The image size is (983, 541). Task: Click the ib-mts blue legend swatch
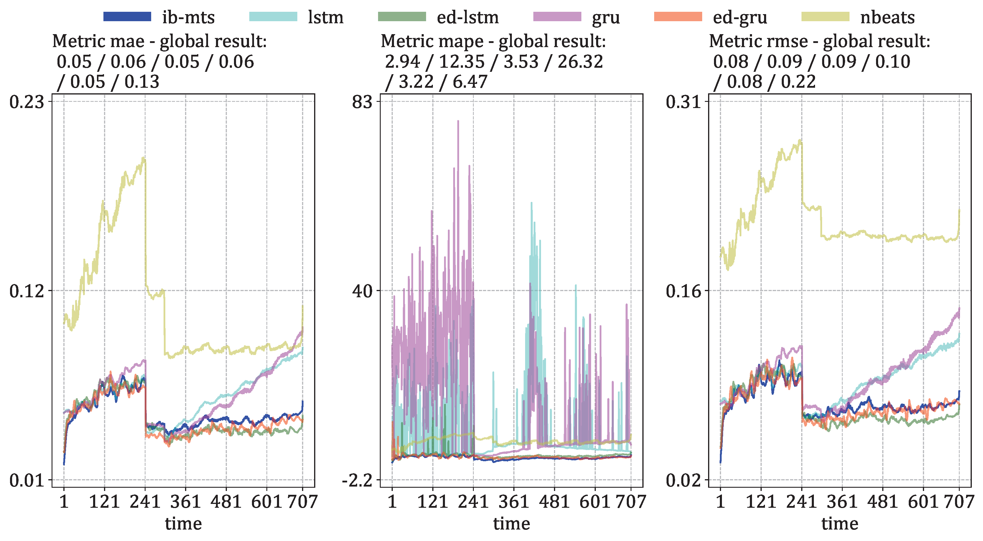[x=127, y=17]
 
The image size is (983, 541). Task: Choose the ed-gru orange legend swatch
[x=678, y=17]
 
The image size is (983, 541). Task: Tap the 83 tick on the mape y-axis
[x=362, y=102]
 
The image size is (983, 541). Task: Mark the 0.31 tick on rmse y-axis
[x=683, y=102]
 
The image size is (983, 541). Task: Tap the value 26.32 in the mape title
[x=580, y=62]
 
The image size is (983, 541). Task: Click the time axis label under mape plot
[x=511, y=523]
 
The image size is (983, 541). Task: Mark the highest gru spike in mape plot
[x=458, y=121]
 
